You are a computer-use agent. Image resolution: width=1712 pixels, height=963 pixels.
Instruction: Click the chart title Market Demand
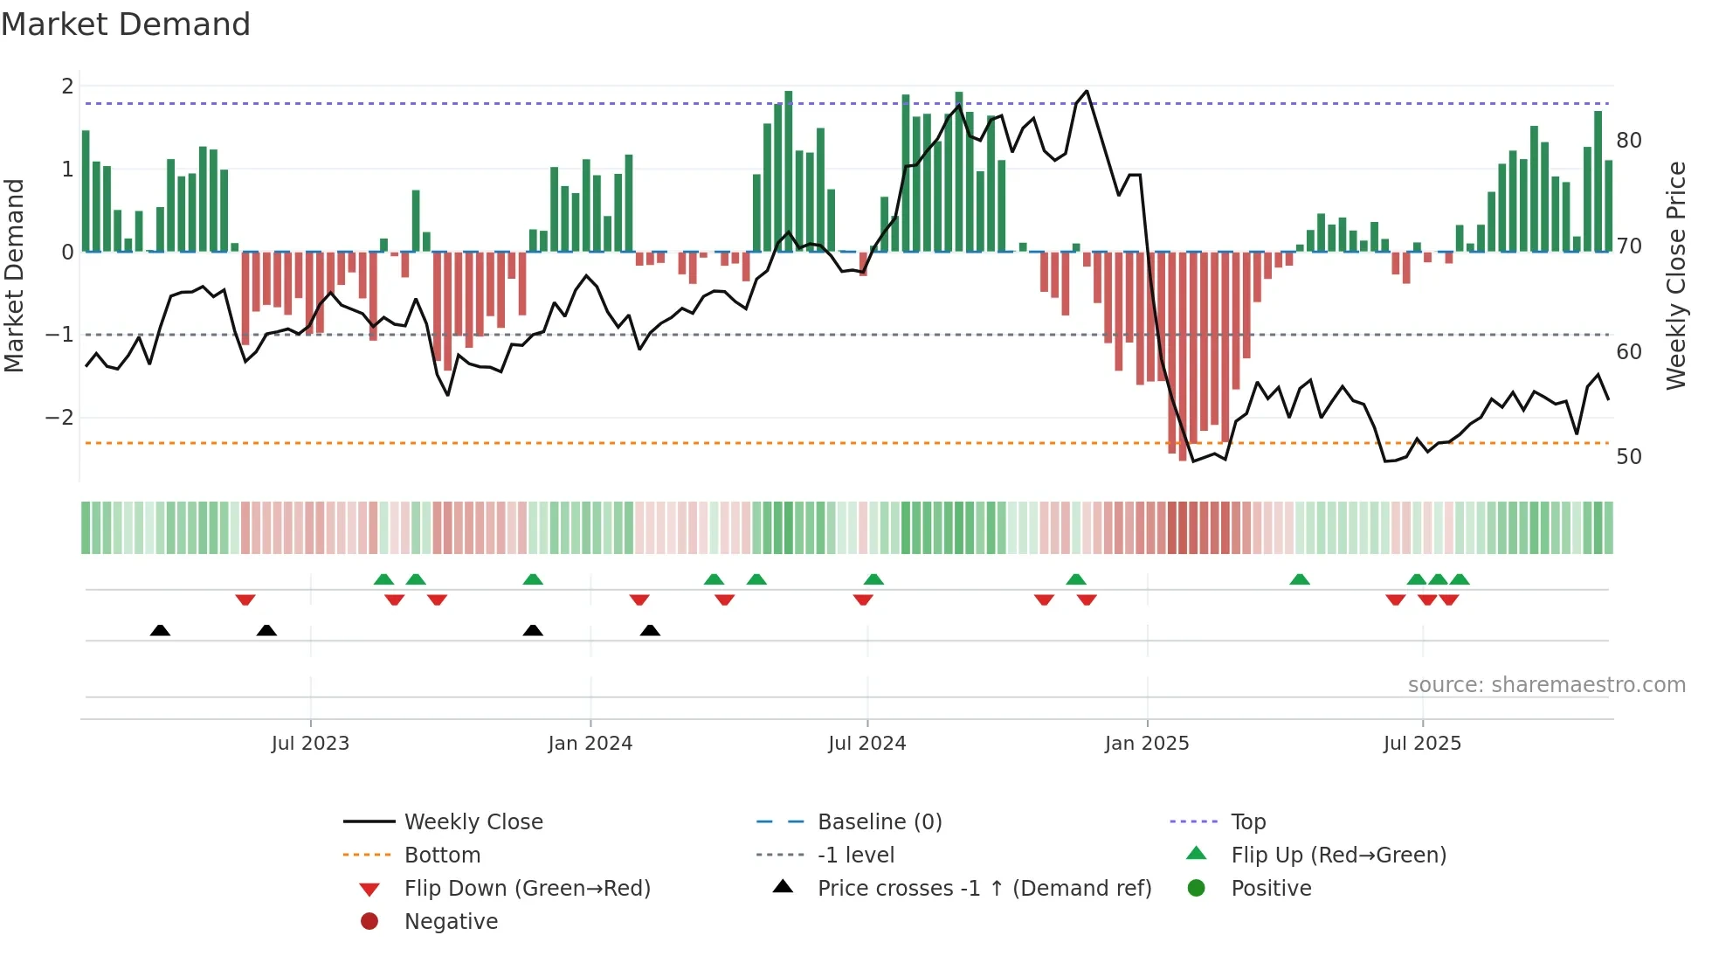[x=126, y=24]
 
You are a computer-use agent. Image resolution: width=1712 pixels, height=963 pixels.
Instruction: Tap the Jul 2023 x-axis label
[x=310, y=744]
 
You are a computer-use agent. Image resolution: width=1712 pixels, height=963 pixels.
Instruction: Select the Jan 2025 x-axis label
[x=1146, y=744]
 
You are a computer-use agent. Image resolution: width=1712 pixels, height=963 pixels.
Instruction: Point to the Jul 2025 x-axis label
[x=1422, y=744]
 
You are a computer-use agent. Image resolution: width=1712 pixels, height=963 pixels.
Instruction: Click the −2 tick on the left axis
[x=60, y=418]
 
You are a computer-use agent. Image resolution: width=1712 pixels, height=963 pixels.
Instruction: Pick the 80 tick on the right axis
[x=1629, y=141]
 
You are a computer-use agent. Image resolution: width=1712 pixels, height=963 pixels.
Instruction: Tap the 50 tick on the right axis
[x=1629, y=457]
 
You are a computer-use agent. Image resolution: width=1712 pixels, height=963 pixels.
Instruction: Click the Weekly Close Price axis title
[x=1675, y=275]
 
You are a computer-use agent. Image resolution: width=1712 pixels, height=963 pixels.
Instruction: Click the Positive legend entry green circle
[x=1197, y=889]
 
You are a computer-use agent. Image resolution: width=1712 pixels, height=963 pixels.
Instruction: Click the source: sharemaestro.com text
[x=1546, y=685]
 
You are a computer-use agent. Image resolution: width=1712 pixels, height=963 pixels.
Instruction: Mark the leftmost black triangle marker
[x=160, y=630]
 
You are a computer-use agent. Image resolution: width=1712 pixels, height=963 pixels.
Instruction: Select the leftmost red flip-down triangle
[x=245, y=599]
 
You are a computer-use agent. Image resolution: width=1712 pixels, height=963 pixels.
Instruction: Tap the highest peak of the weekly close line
[x=1087, y=91]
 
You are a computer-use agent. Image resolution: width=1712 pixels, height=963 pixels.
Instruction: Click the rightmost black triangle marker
[x=650, y=630]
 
